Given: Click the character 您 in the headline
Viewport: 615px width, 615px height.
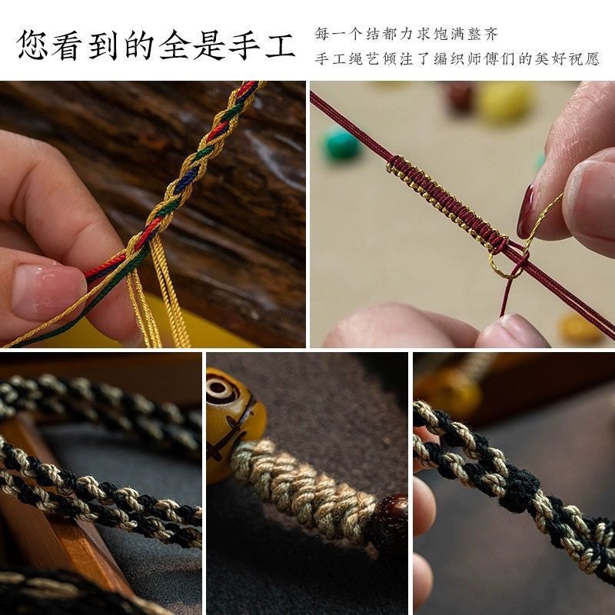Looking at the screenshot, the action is (x=32, y=45).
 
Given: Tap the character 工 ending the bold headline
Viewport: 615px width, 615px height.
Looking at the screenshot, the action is (x=280, y=45).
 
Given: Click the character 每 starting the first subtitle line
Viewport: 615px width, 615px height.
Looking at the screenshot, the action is (x=321, y=34).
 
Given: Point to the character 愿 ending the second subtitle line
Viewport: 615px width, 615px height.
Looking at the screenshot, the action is (x=592, y=59).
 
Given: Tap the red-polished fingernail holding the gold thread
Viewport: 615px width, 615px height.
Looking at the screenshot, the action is (x=526, y=212).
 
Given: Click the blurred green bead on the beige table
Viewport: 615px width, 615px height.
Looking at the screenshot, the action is (x=341, y=145).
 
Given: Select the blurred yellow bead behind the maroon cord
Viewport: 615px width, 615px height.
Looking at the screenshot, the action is (x=505, y=101).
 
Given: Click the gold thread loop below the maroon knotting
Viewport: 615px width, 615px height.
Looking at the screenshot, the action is (x=506, y=263).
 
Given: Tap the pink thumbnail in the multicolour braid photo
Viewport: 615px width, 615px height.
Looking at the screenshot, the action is (x=48, y=291).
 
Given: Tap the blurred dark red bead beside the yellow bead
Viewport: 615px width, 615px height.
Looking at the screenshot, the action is (x=460, y=97).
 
